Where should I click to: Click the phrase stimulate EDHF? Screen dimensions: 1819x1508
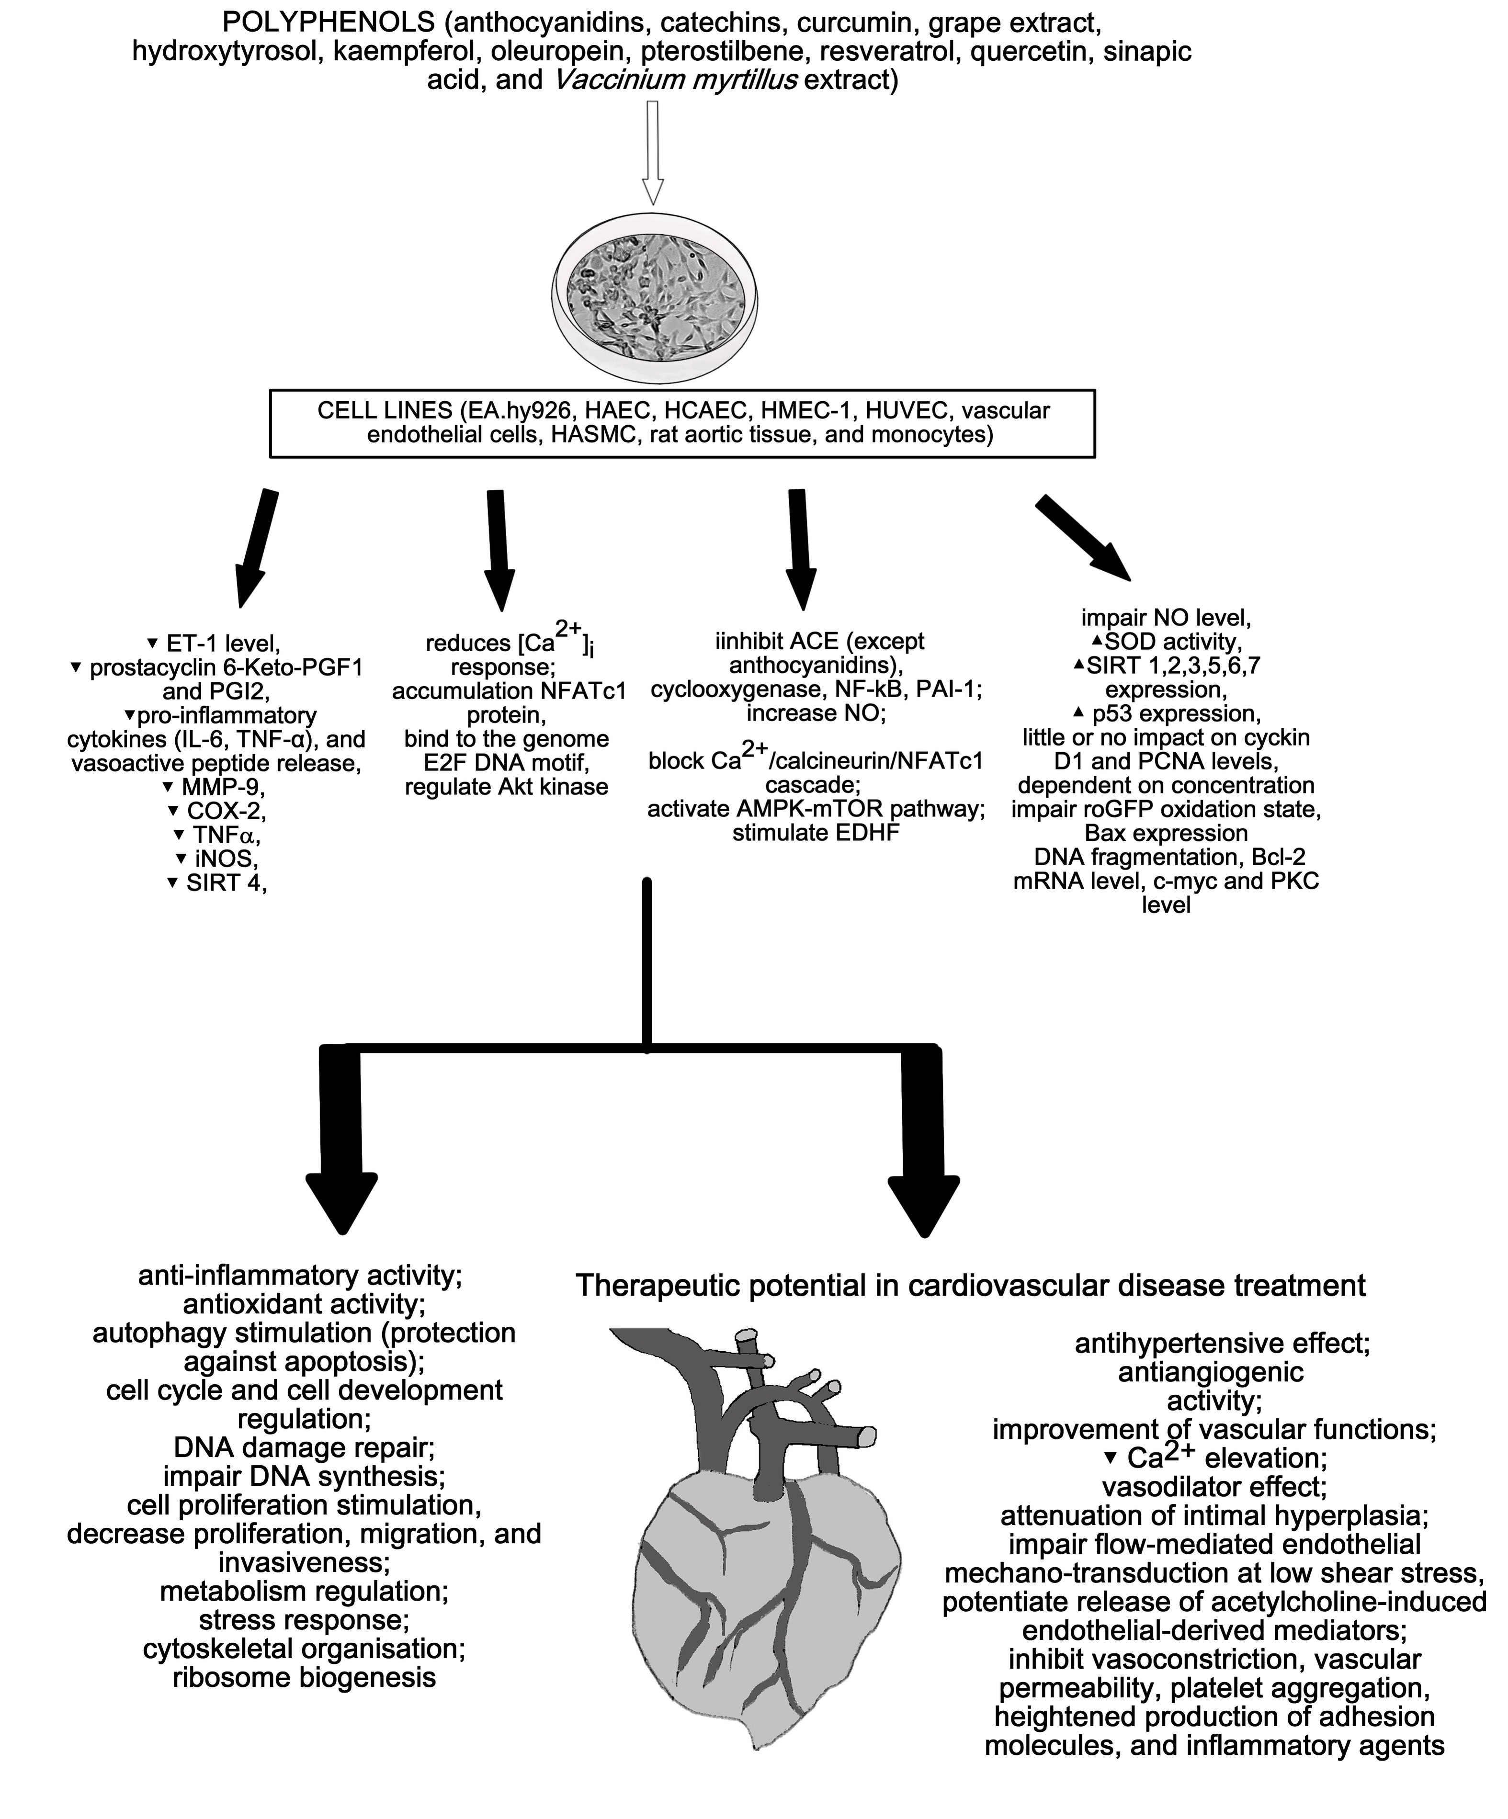tap(815, 833)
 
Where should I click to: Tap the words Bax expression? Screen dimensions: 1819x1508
tap(1166, 833)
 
